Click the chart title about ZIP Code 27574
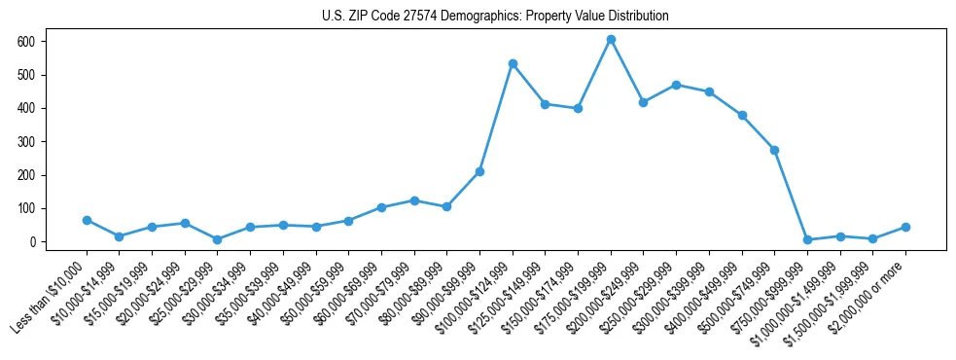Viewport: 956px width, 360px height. (495, 17)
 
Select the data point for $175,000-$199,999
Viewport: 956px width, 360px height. (611, 40)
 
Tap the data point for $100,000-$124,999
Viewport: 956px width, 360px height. (513, 64)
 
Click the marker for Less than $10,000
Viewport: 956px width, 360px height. (87, 221)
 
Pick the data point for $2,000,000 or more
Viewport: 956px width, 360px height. (905, 227)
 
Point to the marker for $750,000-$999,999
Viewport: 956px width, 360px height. (807, 239)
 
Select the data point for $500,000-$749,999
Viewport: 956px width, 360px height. (774, 150)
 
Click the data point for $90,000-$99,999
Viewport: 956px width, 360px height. (479, 171)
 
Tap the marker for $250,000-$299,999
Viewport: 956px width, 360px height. (676, 86)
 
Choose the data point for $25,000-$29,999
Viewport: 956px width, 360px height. (218, 239)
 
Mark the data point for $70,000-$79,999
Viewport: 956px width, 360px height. (414, 200)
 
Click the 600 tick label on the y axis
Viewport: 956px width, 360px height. (26, 42)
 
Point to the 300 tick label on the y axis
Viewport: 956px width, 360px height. (26, 142)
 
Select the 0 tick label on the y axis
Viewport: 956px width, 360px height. (32, 242)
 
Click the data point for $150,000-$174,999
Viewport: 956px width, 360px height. (578, 108)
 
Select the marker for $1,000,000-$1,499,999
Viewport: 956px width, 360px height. (840, 236)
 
